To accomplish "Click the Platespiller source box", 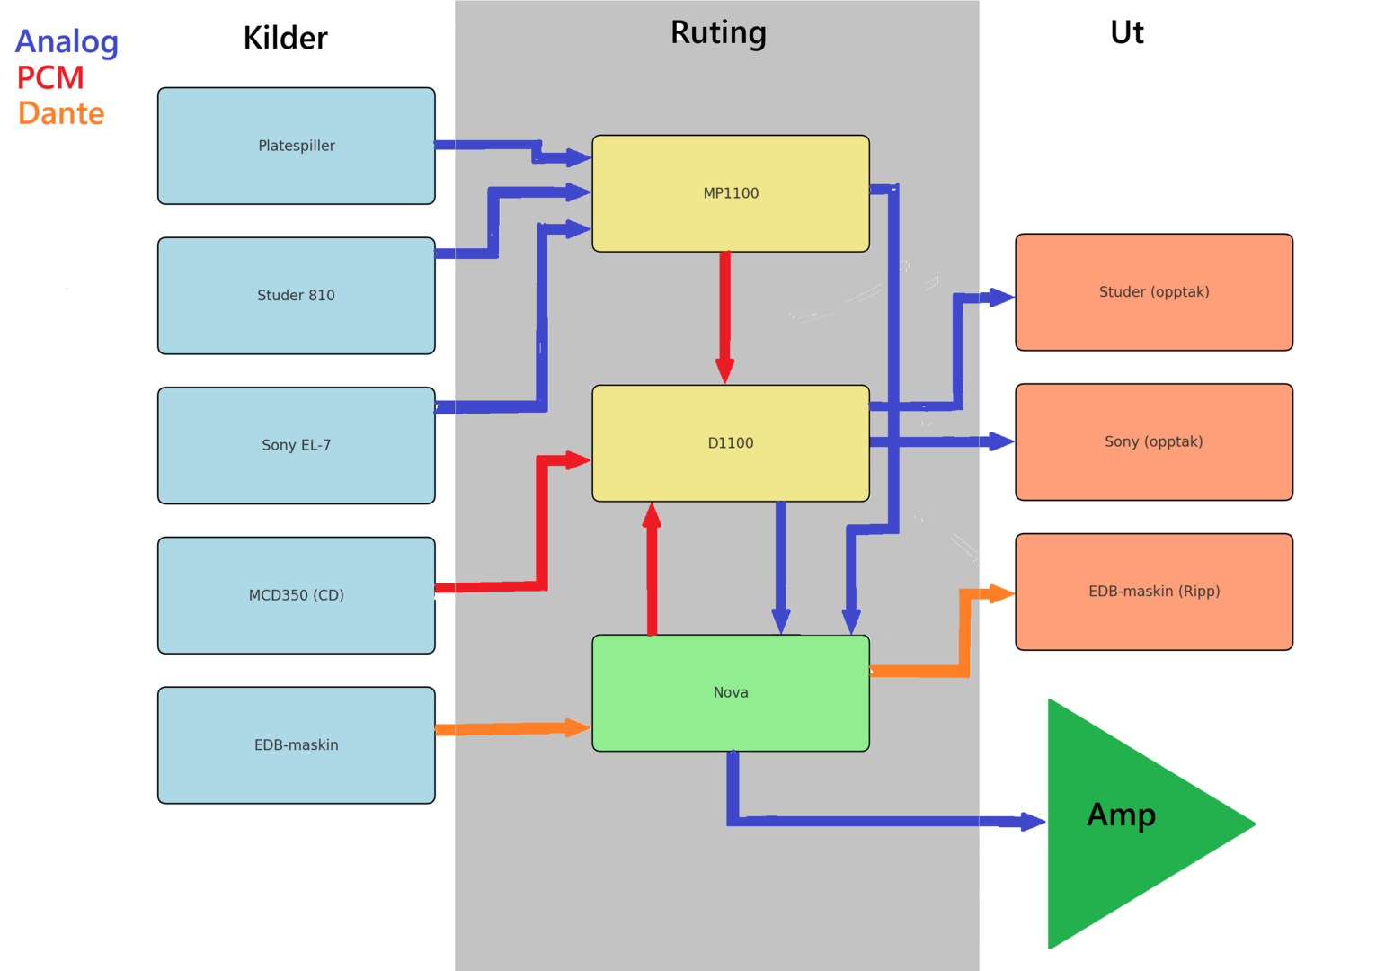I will [296, 146].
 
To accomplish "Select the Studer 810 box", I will [296, 295].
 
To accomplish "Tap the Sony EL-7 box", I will [296, 445].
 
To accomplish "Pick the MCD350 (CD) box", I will [296, 595].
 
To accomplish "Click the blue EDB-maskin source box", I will [296, 744].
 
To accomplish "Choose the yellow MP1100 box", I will [730, 193].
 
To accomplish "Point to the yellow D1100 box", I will [730, 443].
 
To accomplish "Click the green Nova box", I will [730, 692].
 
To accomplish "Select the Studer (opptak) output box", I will [1153, 292].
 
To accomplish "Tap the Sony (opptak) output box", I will [1153, 441].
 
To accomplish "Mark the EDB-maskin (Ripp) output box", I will [1153, 592].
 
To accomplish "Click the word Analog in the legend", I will [67, 42].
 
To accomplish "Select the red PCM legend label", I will [50, 78].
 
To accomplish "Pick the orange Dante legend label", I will [61, 114].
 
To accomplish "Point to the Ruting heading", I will [718, 32].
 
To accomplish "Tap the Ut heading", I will [1126, 32].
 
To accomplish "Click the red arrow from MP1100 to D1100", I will [724, 315].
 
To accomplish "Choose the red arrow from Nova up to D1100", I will [652, 571].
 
